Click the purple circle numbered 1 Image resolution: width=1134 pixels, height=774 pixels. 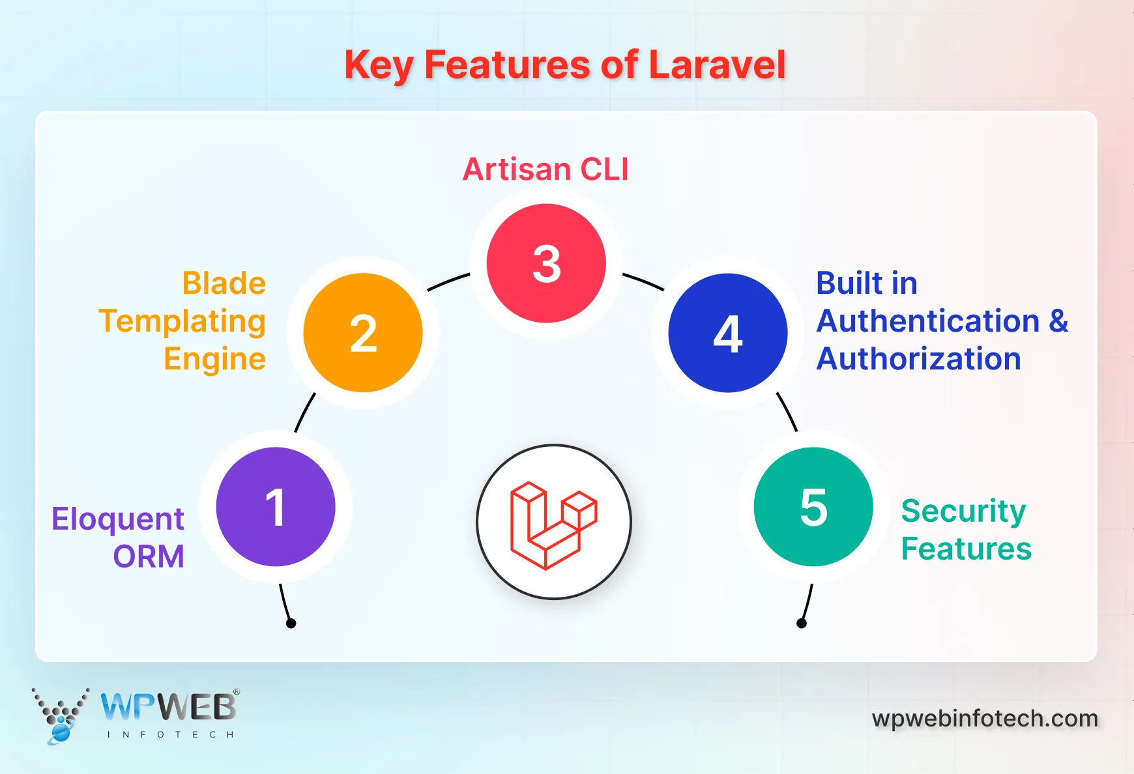[x=276, y=507]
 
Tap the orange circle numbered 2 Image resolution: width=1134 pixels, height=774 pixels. [x=363, y=333]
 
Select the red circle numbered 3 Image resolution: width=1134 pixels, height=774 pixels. [x=546, y=263]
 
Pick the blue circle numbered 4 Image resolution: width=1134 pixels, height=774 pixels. [x=728, y=333]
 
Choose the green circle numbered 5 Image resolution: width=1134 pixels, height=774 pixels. [x=813, y=507]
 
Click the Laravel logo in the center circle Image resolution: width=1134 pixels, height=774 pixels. [x=553, y=525]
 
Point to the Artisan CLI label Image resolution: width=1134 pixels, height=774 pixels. [x=545, y=169]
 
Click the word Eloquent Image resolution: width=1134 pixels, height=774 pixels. [x=118, y=520]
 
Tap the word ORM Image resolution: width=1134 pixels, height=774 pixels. [x=149, y=557]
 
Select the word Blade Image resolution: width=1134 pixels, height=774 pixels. [x=224, y=283]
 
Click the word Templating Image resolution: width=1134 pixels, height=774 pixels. [x=182, y=322]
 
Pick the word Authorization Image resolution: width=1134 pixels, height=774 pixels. [x=918, y=359]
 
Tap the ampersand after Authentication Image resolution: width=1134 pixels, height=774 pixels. [x=1058, y=321]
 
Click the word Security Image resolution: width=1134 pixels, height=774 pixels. [x=963, y=511]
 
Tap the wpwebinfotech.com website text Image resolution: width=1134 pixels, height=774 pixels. [x=985, y=719]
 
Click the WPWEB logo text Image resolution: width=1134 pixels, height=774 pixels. [x=169, y=708]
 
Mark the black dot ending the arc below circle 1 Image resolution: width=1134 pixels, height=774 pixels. [x=291, y=623]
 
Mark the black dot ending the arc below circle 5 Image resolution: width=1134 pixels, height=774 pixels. [x=802, y=623]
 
